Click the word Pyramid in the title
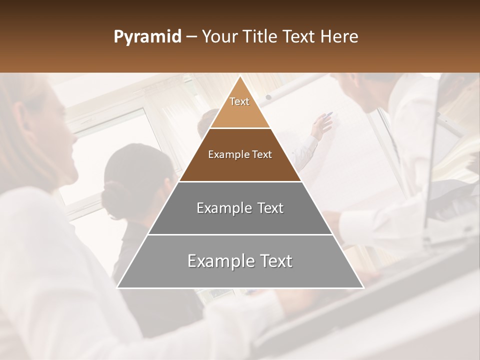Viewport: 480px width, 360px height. coord(147,37)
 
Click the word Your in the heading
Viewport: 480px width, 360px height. coord(219,37)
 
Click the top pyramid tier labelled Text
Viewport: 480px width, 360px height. coord(239,107)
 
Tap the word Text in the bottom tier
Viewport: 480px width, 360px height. coord(271,261)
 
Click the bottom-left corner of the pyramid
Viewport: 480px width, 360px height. coord(117,287)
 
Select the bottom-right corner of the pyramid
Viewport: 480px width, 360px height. coord(363,287)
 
